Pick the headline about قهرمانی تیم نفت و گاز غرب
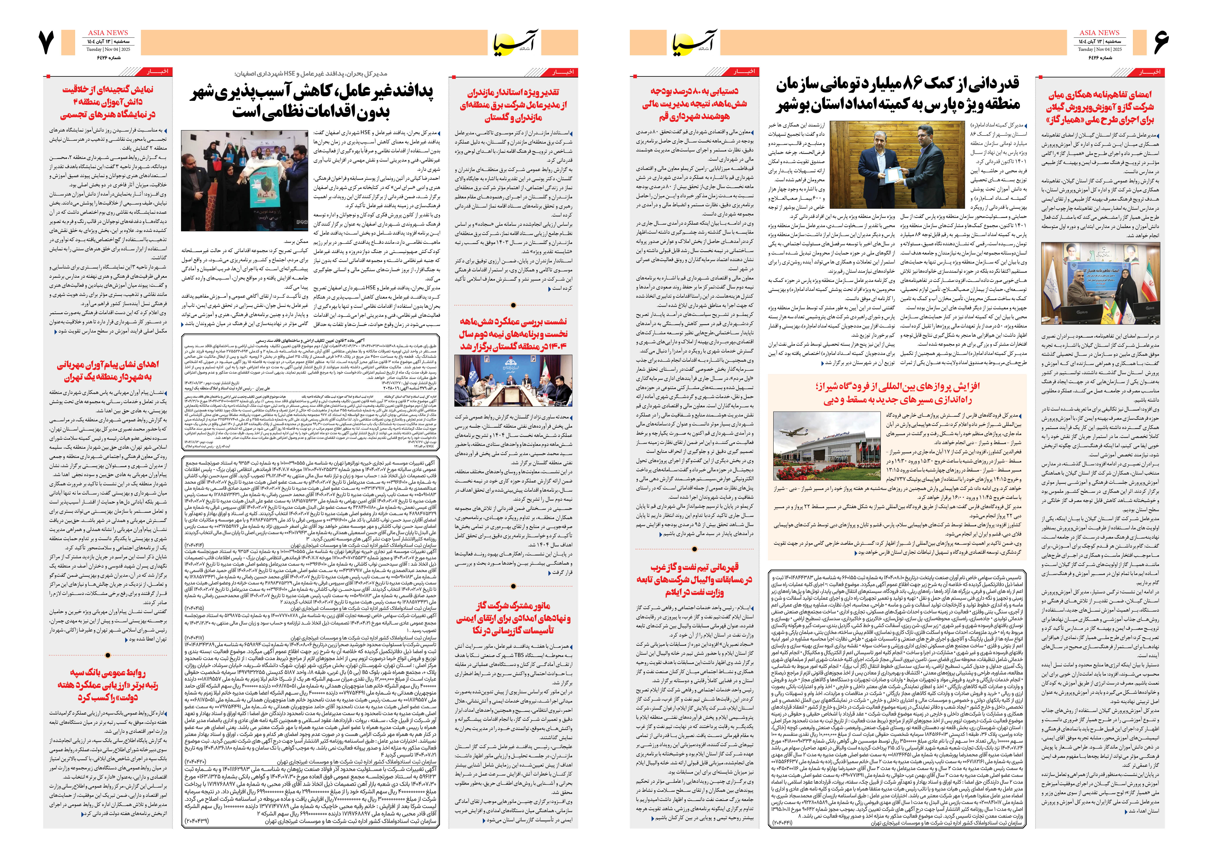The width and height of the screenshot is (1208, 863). coord(694,579)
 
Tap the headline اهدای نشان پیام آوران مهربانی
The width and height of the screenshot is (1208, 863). coord(108,371)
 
